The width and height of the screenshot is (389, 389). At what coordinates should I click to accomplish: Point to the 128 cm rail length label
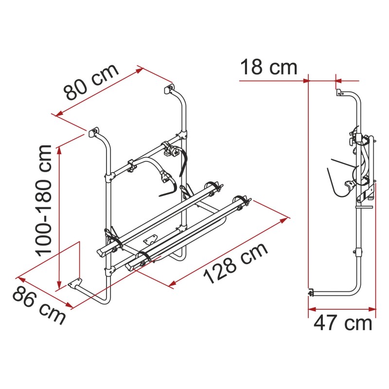tap(235, 264)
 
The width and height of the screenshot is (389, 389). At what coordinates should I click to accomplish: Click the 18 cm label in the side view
tap(268, 67)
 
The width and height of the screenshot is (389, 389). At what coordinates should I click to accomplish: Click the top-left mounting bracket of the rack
tap(92, 132)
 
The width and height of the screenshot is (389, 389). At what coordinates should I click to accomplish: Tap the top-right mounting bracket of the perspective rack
tap(169, 89)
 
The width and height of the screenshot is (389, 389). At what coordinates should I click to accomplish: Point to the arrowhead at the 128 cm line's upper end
tap(286, 219)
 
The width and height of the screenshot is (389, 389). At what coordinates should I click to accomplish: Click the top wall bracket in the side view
tap(336, 92)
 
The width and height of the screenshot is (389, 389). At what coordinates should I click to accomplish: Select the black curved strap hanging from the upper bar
tap(183, 163)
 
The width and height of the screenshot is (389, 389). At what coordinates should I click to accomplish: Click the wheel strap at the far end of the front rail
tap(242, 200)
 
